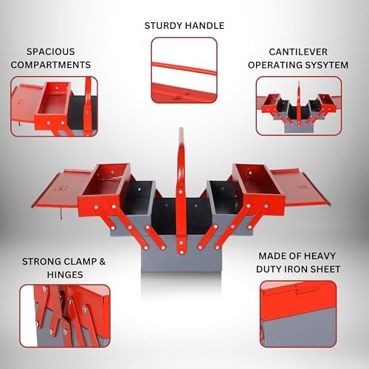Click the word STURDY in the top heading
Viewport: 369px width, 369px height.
tap(163, 26)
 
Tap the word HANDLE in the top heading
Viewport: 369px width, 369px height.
tap(204, 26)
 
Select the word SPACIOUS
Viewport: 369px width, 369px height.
tap(51, 52)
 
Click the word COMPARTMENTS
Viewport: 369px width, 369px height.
tap(51, 65)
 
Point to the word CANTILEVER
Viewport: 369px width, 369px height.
tap(298, 52)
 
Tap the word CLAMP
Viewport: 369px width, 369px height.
tap(79, 261)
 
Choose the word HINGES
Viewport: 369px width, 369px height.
tap(65, 275)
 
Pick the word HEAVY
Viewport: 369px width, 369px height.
tap(321, 256)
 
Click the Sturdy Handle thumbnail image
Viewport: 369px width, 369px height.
tap(184, 70)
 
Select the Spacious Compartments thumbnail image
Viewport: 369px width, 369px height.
tap(54, 106)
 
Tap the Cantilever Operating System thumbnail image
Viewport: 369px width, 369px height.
tap(299, 106)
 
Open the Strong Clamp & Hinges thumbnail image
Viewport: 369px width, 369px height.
tap(65, 316)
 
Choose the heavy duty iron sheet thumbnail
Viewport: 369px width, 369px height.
tap(298, 314)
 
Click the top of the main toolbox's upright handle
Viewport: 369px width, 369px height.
tap(182, 129)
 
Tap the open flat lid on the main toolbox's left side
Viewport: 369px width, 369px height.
tap(61, 188)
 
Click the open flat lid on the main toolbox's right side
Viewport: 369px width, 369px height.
tap(300, 187)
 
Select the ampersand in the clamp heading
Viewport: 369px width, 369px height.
tap(103, 261)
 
